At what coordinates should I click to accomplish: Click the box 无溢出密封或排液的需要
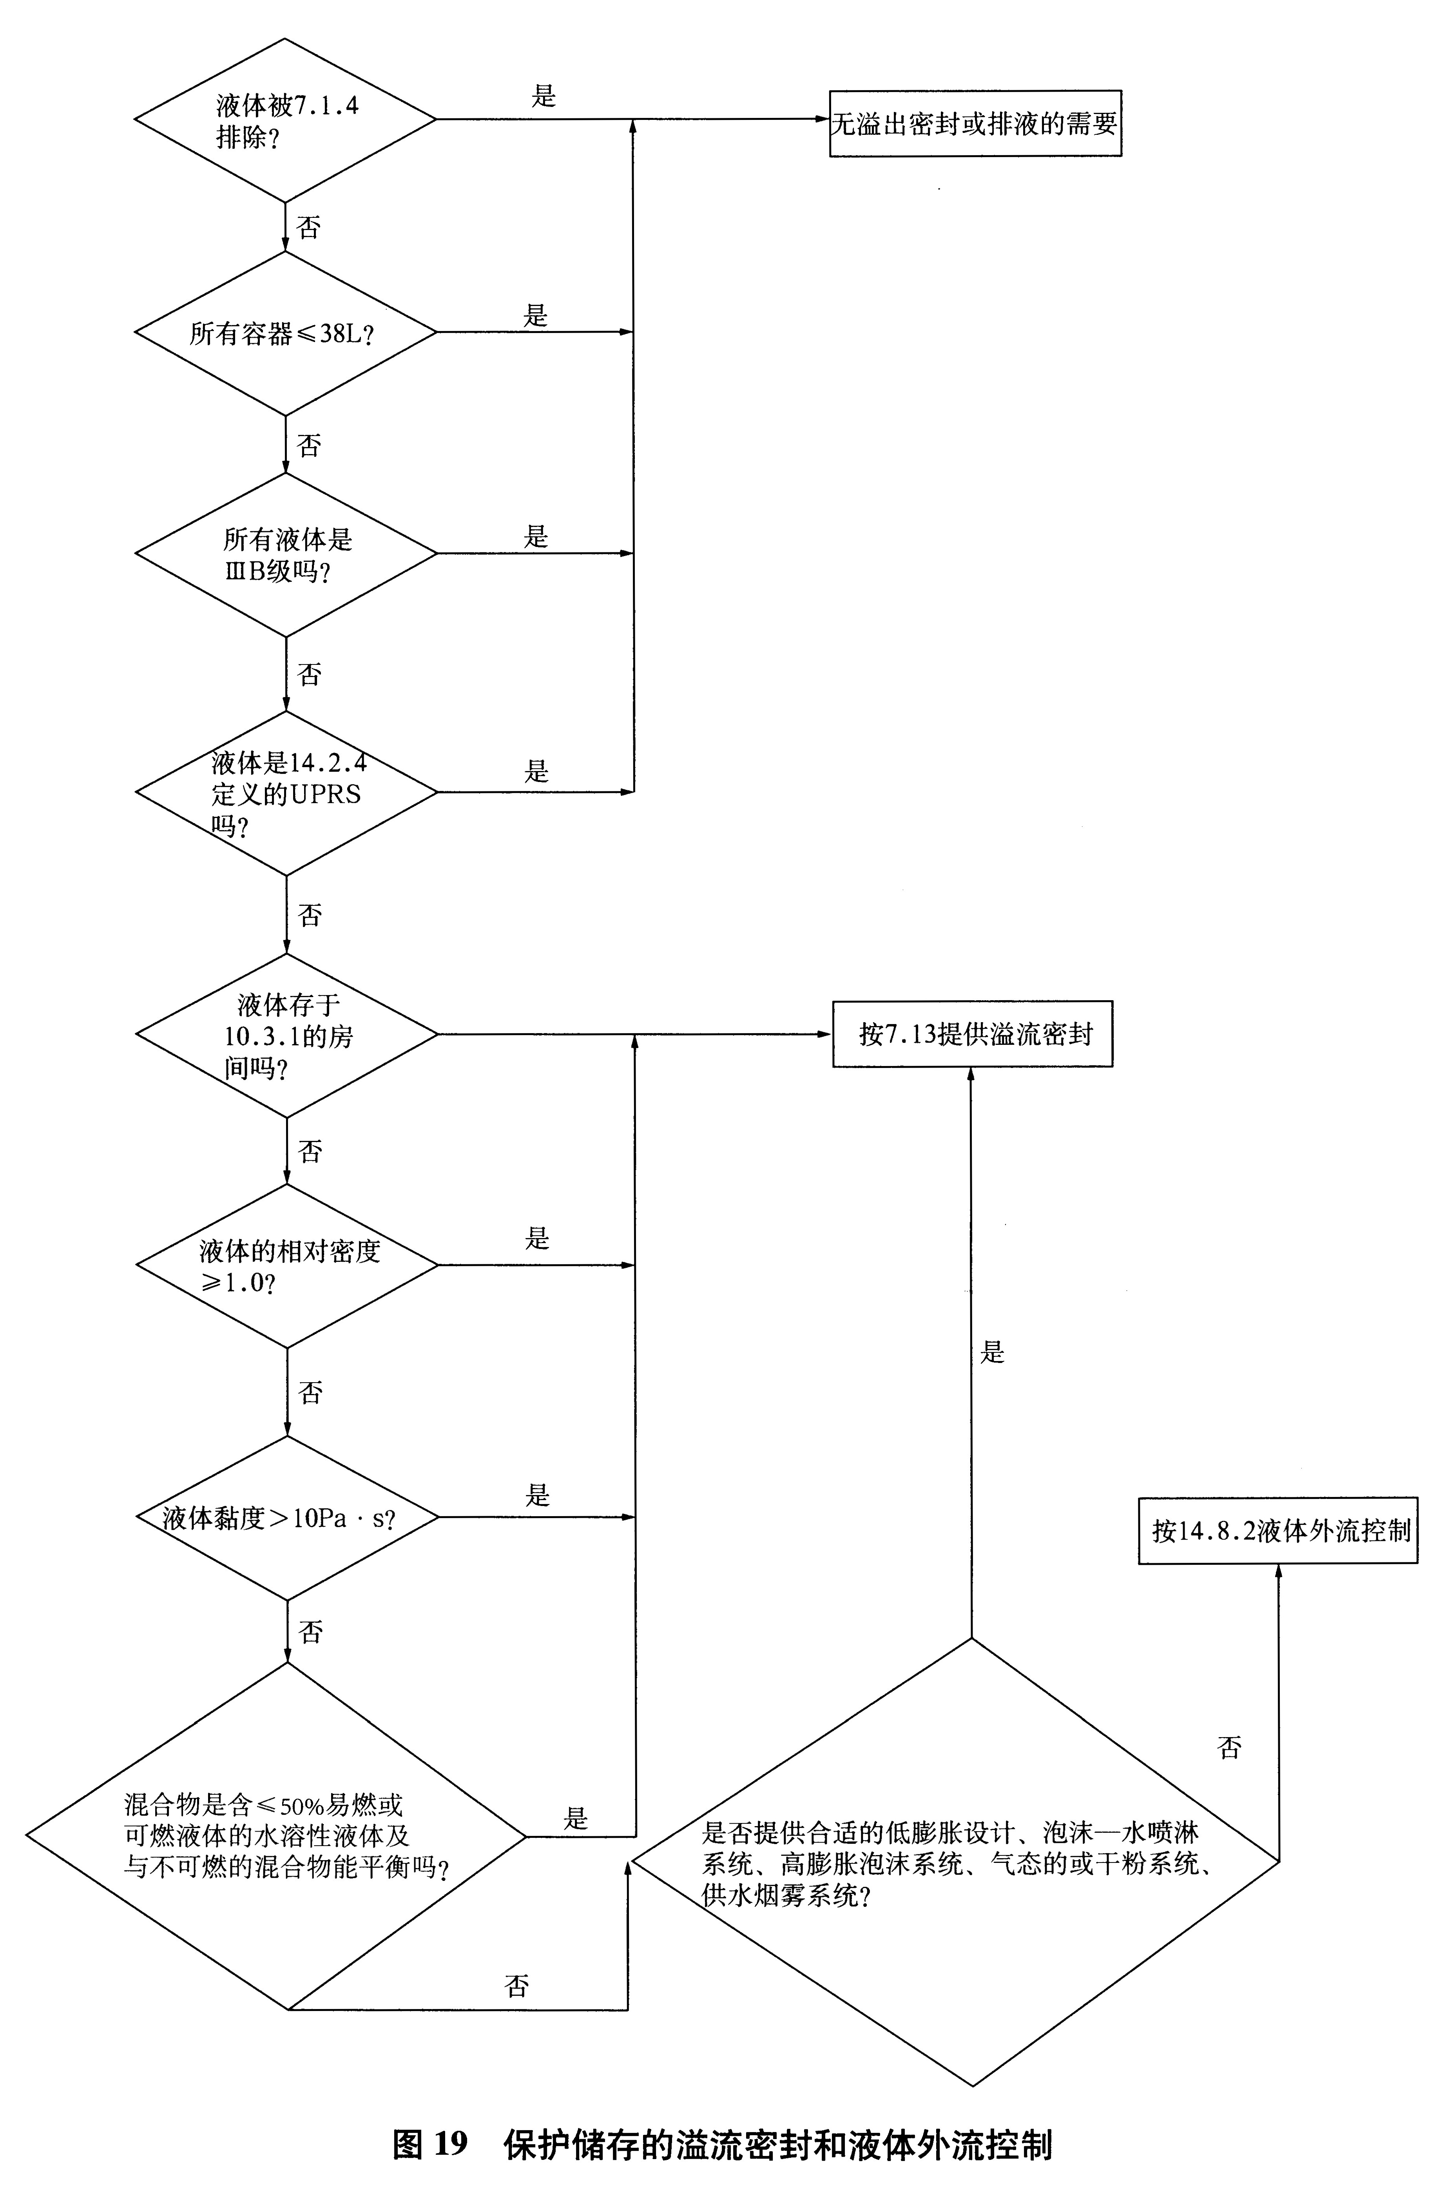(975, 123)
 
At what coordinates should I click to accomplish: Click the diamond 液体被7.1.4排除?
(286, 120)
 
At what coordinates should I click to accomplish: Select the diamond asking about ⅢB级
(286, 554)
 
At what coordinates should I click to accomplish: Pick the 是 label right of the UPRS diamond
(536, 771)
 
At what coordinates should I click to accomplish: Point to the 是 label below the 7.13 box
(992, 1352)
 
